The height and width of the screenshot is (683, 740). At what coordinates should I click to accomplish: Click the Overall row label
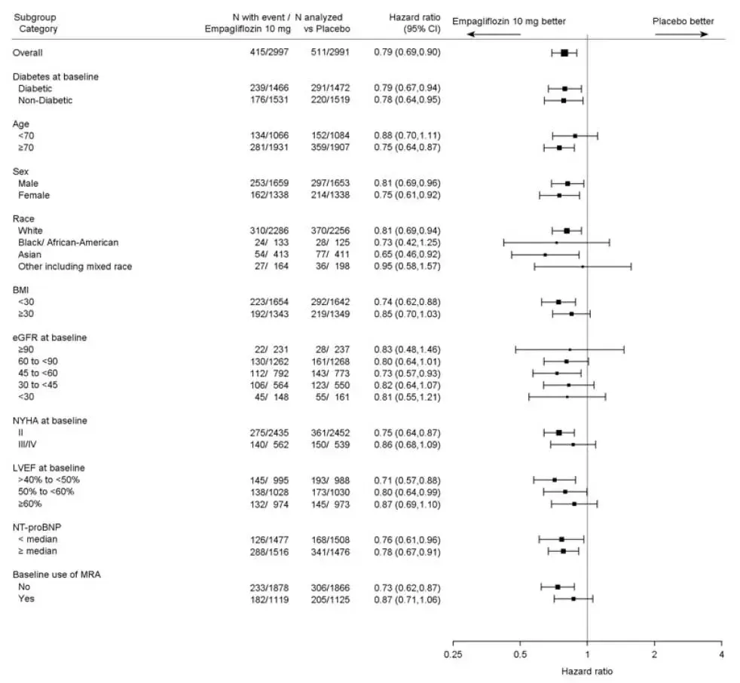click(28, 53)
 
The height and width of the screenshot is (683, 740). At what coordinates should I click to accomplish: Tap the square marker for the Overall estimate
click(564, 53)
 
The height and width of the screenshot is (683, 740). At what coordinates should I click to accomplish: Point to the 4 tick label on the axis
click(721, 654)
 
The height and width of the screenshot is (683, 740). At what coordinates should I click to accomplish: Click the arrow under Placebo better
click(681, 35)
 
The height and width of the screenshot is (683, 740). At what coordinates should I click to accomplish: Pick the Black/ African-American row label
click(69, 242)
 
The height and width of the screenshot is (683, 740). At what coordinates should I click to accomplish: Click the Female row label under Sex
click(34, 195)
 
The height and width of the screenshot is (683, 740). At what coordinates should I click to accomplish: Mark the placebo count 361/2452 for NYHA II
click(326, 433)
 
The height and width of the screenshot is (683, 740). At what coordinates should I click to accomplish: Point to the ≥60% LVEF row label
click(30, 504)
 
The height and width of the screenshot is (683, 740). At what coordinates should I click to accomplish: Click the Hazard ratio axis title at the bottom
click(587, 669)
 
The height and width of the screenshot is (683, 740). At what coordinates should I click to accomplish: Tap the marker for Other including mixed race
click(583, 267)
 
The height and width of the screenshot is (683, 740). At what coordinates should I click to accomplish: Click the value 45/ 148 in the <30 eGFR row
click(274, 397)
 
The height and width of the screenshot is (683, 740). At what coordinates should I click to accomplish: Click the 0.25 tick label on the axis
click(453, 654)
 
